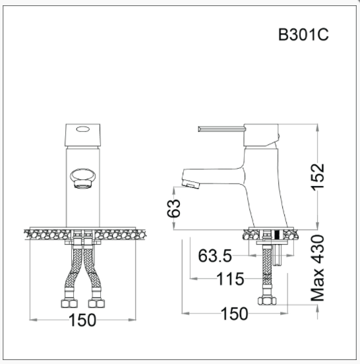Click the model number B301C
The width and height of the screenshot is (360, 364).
pyautogui.click(x=303, y=35)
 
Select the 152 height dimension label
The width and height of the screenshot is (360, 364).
pyautogui.click(x=318, y=177)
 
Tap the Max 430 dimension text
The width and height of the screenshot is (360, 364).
pyautogui.click(x=318, y=268)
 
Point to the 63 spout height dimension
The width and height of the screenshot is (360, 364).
pyautogui.click(x=173, y=208)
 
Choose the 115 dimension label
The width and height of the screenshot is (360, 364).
pyautogui.click(x=231, y=279)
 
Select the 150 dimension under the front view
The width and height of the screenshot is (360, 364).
pyautogui.click(x=82, y=320)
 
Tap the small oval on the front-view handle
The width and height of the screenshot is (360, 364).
pyautogui.click(x=82, y=130)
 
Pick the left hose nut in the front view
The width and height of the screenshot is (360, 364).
pyautogui.click(x=68, y=305)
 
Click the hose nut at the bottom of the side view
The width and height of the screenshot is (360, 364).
pyautogui.click(x=268, y=301)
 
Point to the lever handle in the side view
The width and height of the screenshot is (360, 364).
pyautogui.click(x=221, y=129)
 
